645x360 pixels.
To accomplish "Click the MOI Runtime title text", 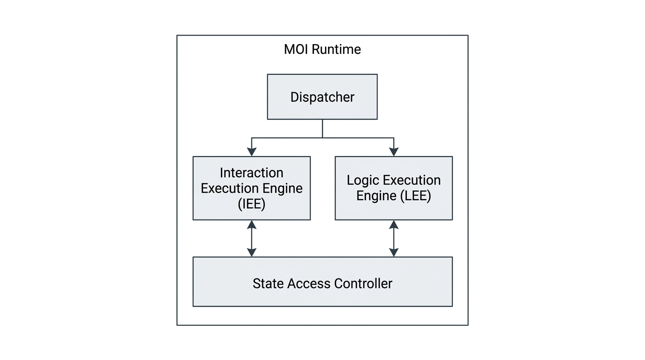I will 322,49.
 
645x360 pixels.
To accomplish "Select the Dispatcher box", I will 322,97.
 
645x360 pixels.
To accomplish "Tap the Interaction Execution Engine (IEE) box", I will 251,188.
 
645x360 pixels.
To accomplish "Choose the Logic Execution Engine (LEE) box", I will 393,188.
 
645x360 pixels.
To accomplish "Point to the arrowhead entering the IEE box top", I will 252,151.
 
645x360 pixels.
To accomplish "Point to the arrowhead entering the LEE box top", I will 394,151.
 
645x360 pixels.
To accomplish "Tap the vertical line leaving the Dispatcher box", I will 322,128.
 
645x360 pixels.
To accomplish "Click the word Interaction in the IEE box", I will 251,172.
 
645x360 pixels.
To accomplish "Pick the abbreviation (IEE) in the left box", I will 251,204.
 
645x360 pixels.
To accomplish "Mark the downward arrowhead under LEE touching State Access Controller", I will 394,252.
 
